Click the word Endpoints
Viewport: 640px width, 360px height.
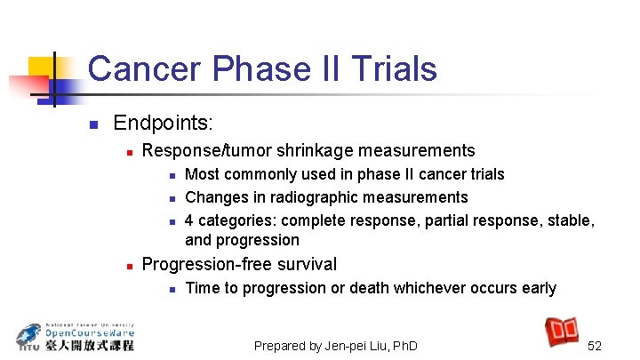[164, 122]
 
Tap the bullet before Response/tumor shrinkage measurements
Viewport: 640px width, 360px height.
[129, 152]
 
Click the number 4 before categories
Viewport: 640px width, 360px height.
[189, 219]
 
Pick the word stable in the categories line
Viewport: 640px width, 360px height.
[572, 219]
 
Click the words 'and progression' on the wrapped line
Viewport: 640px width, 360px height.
[242, 240]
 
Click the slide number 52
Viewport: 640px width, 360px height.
[595, 346]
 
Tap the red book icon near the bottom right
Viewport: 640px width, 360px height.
[562, 331]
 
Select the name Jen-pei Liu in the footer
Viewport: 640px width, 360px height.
[356, 346]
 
